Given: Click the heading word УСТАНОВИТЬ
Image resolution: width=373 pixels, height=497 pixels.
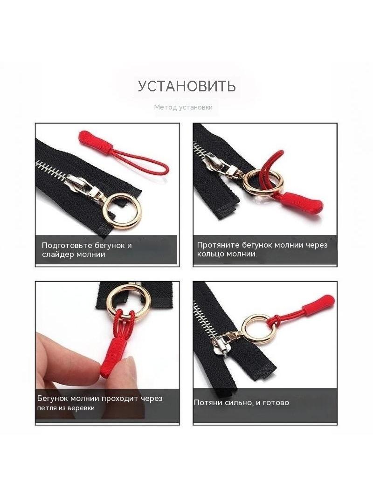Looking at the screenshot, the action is coord(186,86).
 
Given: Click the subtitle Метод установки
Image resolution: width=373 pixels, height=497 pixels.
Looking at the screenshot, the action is coord(183,107).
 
